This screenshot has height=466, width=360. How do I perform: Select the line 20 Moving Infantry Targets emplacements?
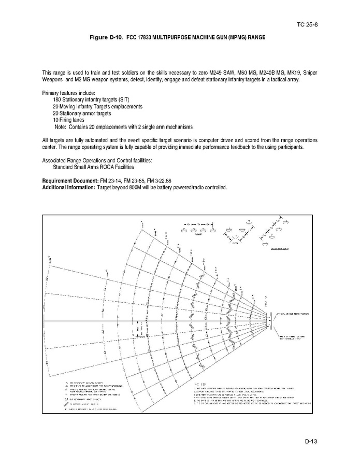[x=97, y=106]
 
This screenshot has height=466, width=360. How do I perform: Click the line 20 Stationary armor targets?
[x=82, y=112]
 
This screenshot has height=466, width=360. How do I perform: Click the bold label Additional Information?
[x=68, y=187]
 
